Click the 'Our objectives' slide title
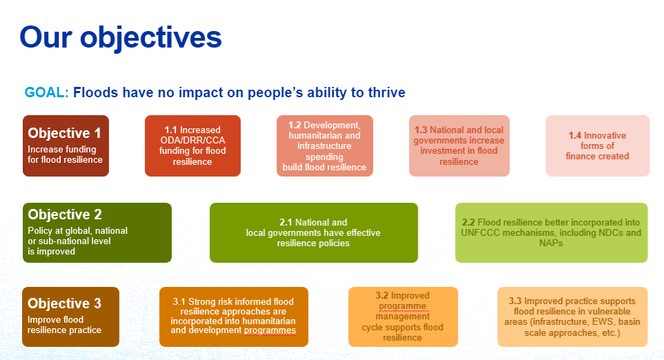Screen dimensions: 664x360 click(121, 38)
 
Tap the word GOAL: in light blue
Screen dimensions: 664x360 click(47, 92)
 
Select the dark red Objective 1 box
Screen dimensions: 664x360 click(66, 146)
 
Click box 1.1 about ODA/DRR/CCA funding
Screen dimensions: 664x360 click(192, 146)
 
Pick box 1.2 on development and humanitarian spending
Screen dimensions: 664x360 click(325, 146)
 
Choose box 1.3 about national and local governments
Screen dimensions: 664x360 click(459, 146)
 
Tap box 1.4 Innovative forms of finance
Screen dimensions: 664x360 click(598, 146)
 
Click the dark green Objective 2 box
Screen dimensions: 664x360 click(97, 232)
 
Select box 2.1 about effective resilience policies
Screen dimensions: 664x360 click(314, 232)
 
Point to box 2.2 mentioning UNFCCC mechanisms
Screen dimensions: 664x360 click(552, 232)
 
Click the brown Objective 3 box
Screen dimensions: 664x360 click(71, 317)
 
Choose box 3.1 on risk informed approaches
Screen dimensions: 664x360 click(234, 317)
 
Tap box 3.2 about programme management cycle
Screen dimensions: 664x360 click(403, 317)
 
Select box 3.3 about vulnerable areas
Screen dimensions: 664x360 click(572, 317)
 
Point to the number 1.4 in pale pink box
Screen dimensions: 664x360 click(574, 136)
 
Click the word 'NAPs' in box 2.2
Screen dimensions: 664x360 click(551, 243)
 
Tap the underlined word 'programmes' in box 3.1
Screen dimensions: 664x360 click(270, 330)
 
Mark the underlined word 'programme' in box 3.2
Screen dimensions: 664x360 click(402, 306)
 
